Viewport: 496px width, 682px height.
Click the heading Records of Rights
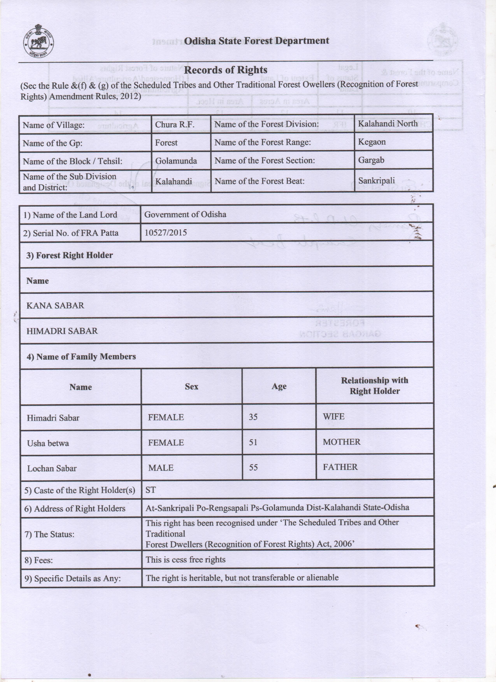(225, 70)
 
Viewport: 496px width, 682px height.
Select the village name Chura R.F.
(174, 125)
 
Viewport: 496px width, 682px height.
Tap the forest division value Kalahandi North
(388, 124)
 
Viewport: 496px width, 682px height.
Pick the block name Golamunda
(176, 161)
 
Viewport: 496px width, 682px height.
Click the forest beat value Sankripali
(376, 181)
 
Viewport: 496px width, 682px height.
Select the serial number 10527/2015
(166, 232)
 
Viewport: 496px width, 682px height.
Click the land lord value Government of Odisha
(185, 214)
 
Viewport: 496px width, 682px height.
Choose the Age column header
(279, 386)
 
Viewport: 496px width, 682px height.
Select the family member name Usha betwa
(48, 443)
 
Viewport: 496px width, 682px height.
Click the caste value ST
(151, 490)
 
